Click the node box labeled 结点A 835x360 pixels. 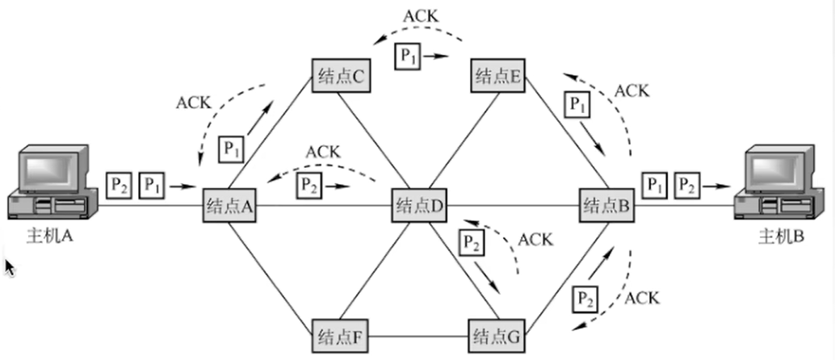pyautogui.click(x=229, y=206)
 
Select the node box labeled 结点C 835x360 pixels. pyautogui.click(x=341, y=76)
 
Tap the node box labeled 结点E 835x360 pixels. pyautogui.click(x=498, y=75)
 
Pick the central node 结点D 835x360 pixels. pyautogui.click(x=419, y=206)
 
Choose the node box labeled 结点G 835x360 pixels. pyautogui.click(x=497, y=336)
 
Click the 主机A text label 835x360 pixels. pyautogui.click(x=49, y=236)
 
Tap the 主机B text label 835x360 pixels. pyautogui.click(x=781, y=236)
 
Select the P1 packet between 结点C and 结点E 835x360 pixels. pyautogui.click(x=407, y=57)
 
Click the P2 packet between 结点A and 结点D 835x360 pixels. pyautogui.click(x=308, y=186)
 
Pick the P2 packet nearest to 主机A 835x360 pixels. pyautogui.click(x=119, y=186)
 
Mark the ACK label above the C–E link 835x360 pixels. pyautogui.click(x=420, y=16)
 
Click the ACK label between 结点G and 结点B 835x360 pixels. pyautogui.click(x=641, y=298)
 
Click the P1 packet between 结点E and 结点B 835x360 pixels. pyautogui.click(x=577, y=106)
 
